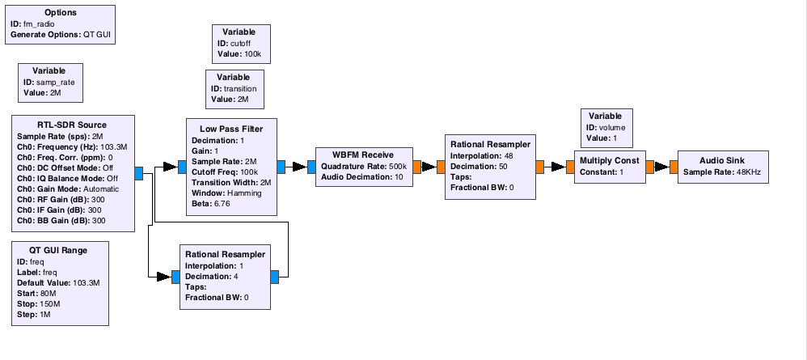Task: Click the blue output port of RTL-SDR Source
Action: coord(138,172)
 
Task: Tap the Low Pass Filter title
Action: coord(230,129)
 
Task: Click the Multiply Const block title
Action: coord(610,160)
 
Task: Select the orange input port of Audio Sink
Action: coord(674,167)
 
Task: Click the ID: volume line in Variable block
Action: coord(606,128)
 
